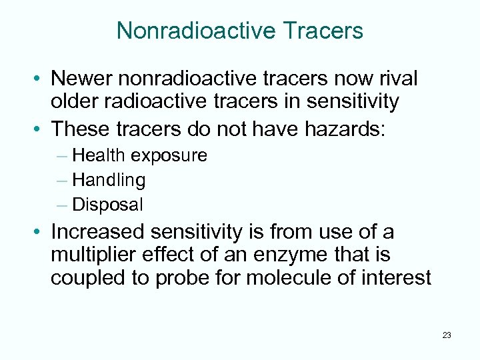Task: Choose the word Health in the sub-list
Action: click(99, 155)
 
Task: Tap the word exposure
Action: click(169, 155)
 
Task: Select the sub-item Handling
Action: click(109, 180)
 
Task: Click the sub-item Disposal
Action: click(107, 205)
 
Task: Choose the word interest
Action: click(399, 277)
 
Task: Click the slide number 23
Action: click(446, 335)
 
